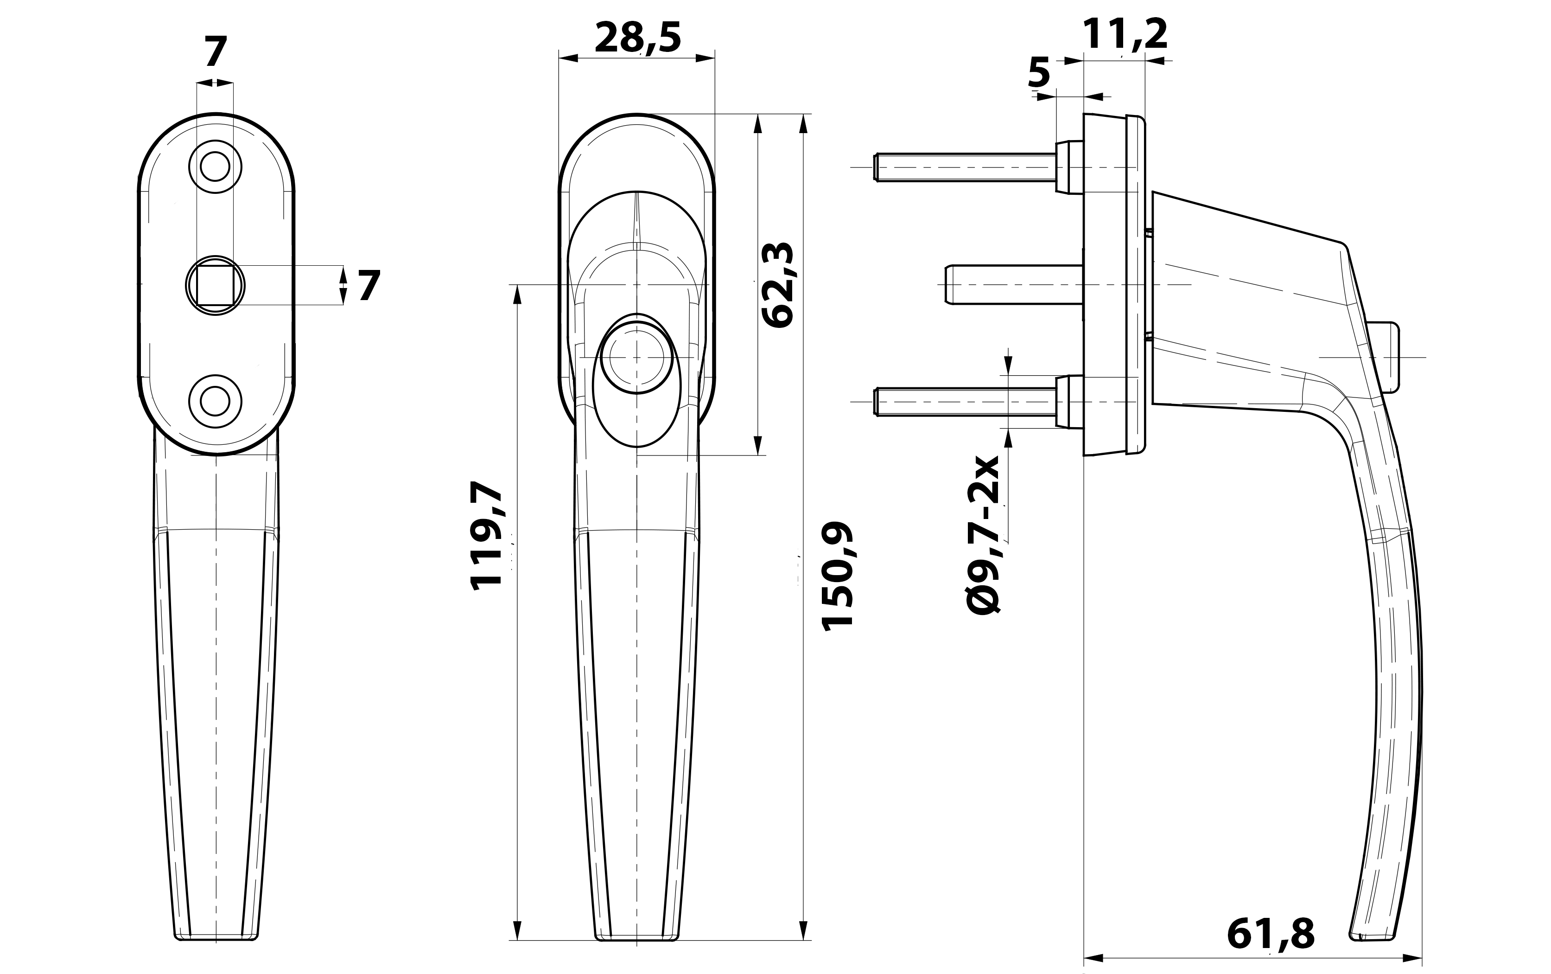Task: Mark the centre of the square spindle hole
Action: pos(215,285)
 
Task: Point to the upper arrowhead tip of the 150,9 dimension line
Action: pos(803,114)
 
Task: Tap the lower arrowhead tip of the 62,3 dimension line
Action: pos(758,455)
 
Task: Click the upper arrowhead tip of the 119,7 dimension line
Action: pos(516,285)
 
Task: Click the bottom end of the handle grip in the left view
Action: pos(216,956)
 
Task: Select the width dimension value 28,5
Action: pos(637,38)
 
